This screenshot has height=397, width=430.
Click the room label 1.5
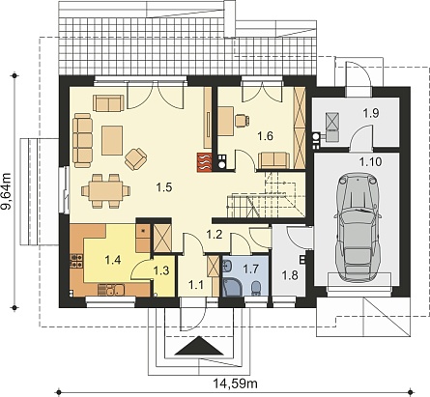(164, 187)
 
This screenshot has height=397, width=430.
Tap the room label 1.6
(265, 136)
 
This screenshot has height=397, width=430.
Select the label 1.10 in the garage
(370, 161)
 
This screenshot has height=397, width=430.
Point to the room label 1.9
(371, 113)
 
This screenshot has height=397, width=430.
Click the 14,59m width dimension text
(235, 383)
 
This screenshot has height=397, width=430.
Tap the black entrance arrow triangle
(200, 346)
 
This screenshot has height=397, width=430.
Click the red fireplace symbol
(205, 162)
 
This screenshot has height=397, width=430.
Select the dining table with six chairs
(106, 191)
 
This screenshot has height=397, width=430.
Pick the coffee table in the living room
(112, 141)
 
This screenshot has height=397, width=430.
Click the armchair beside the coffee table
(136, 159)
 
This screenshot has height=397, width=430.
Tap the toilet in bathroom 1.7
(256, 287)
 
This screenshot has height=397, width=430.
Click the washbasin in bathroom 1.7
(227, 267)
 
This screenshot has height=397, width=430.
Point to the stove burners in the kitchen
(76, 261)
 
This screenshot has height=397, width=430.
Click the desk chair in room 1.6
(242, 120)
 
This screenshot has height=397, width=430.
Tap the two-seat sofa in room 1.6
(273, 160)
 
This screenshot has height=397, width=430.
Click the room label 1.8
(290, 275)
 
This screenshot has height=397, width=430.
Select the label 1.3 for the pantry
(161, 270)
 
